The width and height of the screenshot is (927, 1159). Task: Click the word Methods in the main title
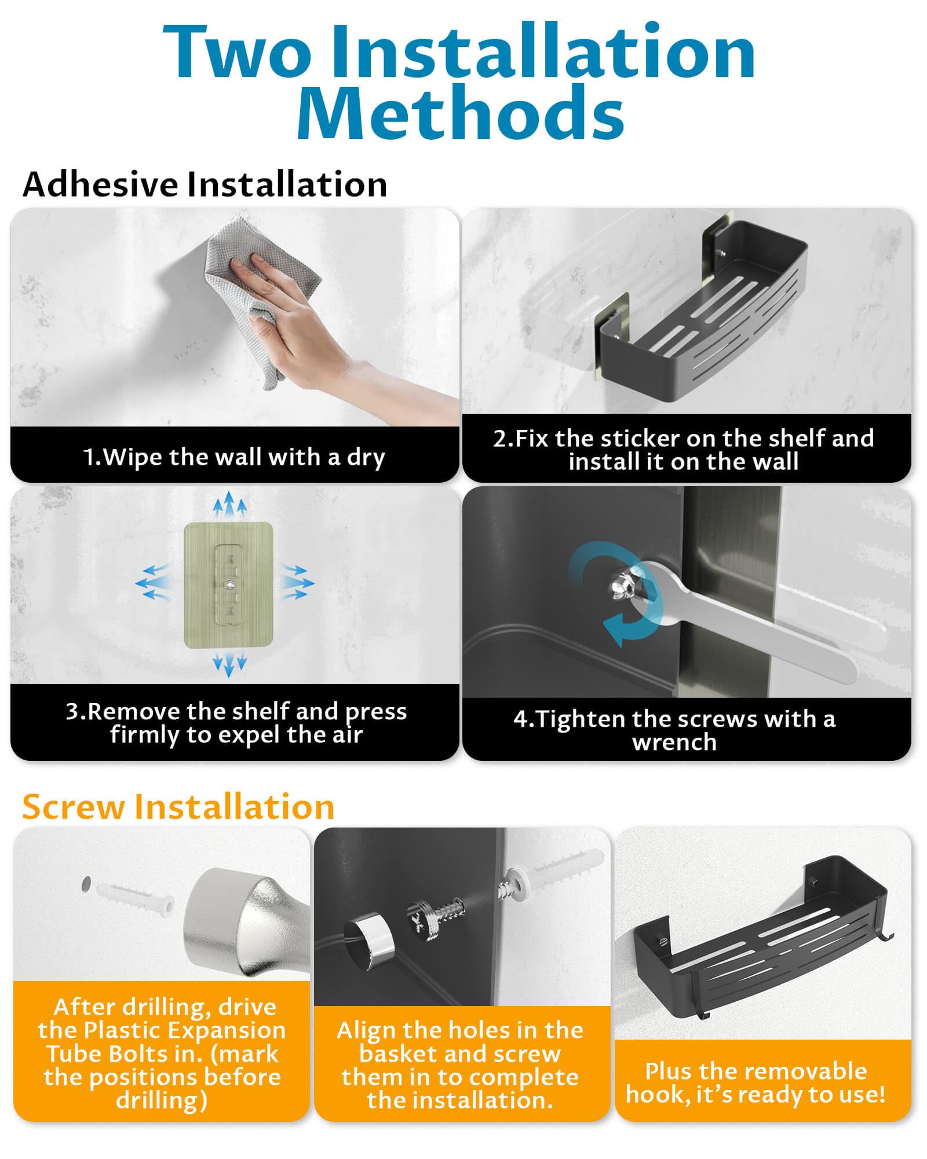pyautogui.click(x=461, y=111)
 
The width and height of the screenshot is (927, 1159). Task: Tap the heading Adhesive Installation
pyautogui.click(x=205, y=184)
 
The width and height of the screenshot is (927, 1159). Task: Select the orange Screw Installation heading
pyautogui.click(x=178, y=807)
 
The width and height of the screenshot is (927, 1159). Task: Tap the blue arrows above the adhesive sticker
pyautogui.click(x=229, y=504)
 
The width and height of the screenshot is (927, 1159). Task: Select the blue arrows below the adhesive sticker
pyautogui.click(x=229, y=665)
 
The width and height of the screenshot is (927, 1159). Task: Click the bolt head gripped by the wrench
pyautogui.click(x=621, y=589)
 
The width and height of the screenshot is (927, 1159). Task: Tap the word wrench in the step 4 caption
pyautogui.click(x=674, y=742)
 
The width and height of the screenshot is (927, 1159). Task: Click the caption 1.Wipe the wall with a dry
pyautogui.click(x=234, y=457)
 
